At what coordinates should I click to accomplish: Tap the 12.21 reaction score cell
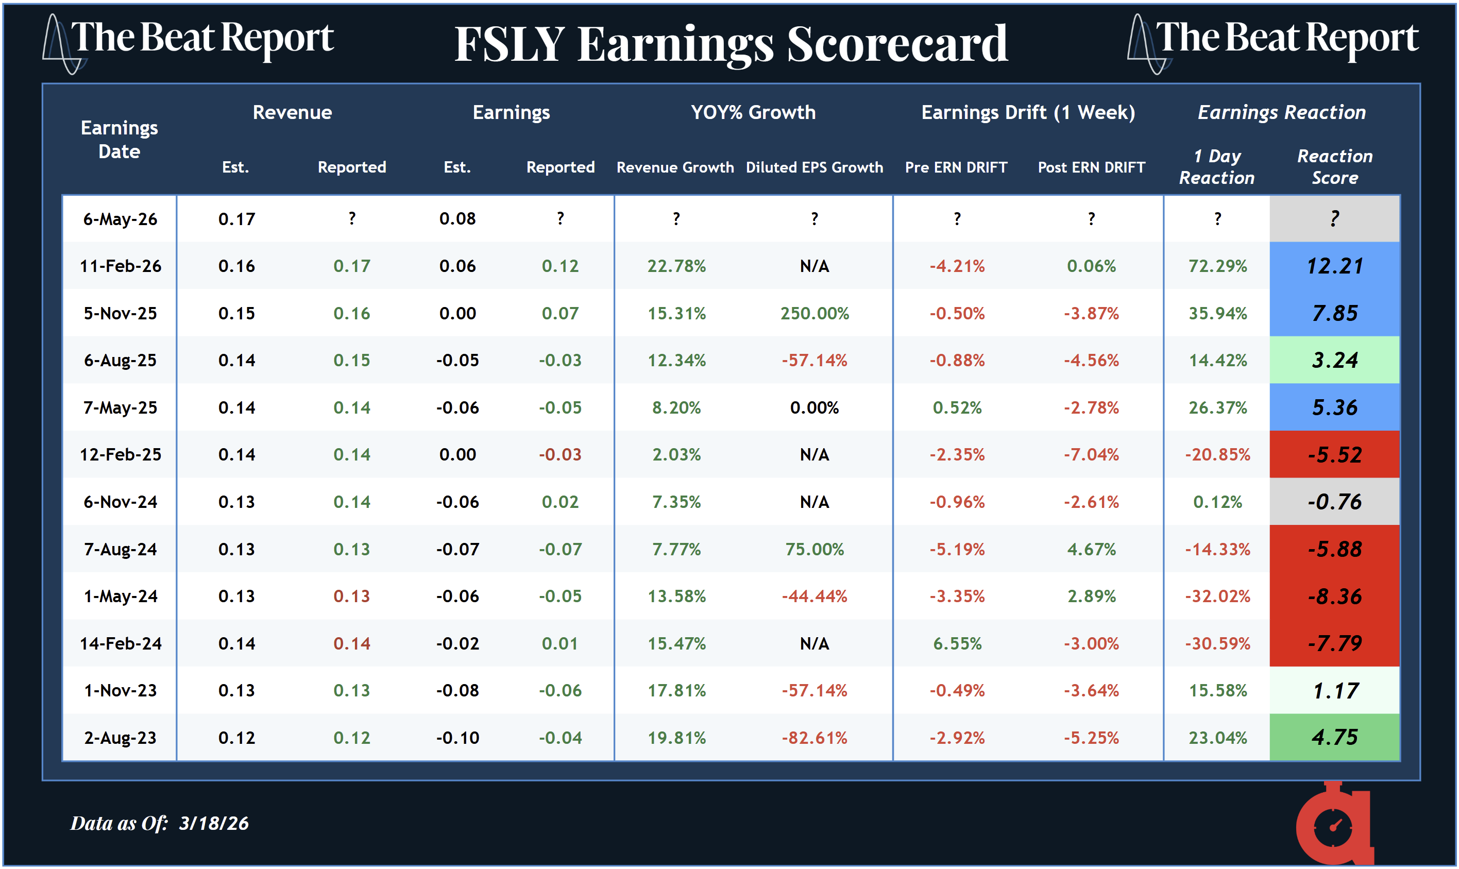point(1334,266)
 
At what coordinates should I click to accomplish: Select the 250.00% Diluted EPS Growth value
point(815,313)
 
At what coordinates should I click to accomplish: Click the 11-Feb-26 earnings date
point(120,266)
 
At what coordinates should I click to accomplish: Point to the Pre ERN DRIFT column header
point(956,167)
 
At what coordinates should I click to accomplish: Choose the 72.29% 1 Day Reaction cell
point(1217,266)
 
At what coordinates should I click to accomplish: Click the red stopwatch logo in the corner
point(1334,826)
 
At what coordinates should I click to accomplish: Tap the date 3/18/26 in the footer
point(214,823)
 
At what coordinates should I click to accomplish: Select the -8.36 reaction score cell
point(1334,596)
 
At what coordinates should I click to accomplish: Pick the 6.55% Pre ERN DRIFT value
point(957,643)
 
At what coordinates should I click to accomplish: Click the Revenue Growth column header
point(675,167)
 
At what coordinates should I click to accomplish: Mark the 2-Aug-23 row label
point(120,737)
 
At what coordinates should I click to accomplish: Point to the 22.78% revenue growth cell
point(676,266)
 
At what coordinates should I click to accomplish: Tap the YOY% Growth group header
point(753,112)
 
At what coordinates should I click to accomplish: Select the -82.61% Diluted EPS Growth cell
point(815,737)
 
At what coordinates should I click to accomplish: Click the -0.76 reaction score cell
point(1334,502)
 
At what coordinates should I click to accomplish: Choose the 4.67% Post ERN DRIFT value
point(1091,549)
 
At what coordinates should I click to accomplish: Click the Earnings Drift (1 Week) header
point(1028,112)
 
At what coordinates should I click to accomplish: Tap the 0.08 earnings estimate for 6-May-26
point(457,219)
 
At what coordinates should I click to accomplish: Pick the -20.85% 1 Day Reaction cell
point(1217,454)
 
